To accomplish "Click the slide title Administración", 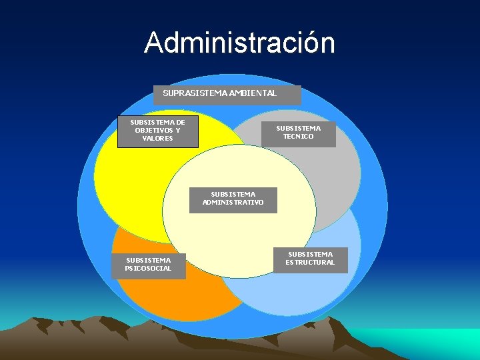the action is (240, 43).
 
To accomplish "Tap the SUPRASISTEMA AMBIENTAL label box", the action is (227, 94).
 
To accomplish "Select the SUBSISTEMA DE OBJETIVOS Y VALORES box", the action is (157, 131).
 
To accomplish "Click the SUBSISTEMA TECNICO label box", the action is (298, 132).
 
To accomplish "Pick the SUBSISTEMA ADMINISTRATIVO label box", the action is (233, 198).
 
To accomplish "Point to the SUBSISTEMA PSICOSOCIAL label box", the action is (148, 264).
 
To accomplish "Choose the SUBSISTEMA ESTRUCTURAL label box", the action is (310, 258).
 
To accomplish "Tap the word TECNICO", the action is (298, 137).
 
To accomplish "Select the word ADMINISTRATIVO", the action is (233, 202).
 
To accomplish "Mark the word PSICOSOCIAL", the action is (148, 268).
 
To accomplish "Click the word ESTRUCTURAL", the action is (310, 262).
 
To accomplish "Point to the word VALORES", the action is (157, 139).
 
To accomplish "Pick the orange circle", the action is (153, 293).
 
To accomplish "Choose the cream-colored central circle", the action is (240, 240).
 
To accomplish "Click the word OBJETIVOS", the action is (153, 131).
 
